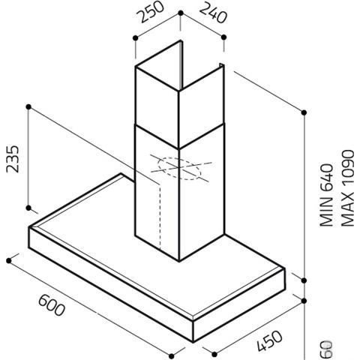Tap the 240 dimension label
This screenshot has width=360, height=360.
pyautogui.click(x=214, y=13)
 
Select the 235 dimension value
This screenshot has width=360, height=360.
pyautogui.click(x=13, y=159)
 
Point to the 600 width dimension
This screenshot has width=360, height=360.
pyautogui.click(x=52, y=305)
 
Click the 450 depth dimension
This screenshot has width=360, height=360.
pyautogui.click(x=269, y=341)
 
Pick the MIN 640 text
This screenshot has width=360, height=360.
pyautogui.click(x=327, y=195)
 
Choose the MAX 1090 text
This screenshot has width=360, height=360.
pyautogui.click(x=347, y=188)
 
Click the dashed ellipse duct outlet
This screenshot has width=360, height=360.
pyautogui.click(x=179, y=169)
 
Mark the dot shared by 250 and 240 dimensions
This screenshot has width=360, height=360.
pyautogui.click(x=181, y=13)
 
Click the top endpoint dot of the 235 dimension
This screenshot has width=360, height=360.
pyautogui.click(x=28, y=107)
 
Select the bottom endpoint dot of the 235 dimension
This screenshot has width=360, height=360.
pyautogui.click(x=28, y=208)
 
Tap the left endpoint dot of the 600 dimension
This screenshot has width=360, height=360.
pyautogui.click(x=9, y=261)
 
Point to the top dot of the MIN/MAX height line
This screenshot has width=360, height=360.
pyautogui.click(x=304, y=112)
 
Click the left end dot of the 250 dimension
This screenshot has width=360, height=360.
pyautogui.click(x=135, y=38)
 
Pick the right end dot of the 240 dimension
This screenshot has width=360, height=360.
pyautogui.click(x=223, y=37)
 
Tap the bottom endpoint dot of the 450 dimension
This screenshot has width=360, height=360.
pyautogui.click(x=214, y=354)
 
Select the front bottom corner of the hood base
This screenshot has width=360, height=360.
pyautogui.click(x=193, y=341)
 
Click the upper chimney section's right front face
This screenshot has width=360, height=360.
pyautogui.click(x=202, y=106)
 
